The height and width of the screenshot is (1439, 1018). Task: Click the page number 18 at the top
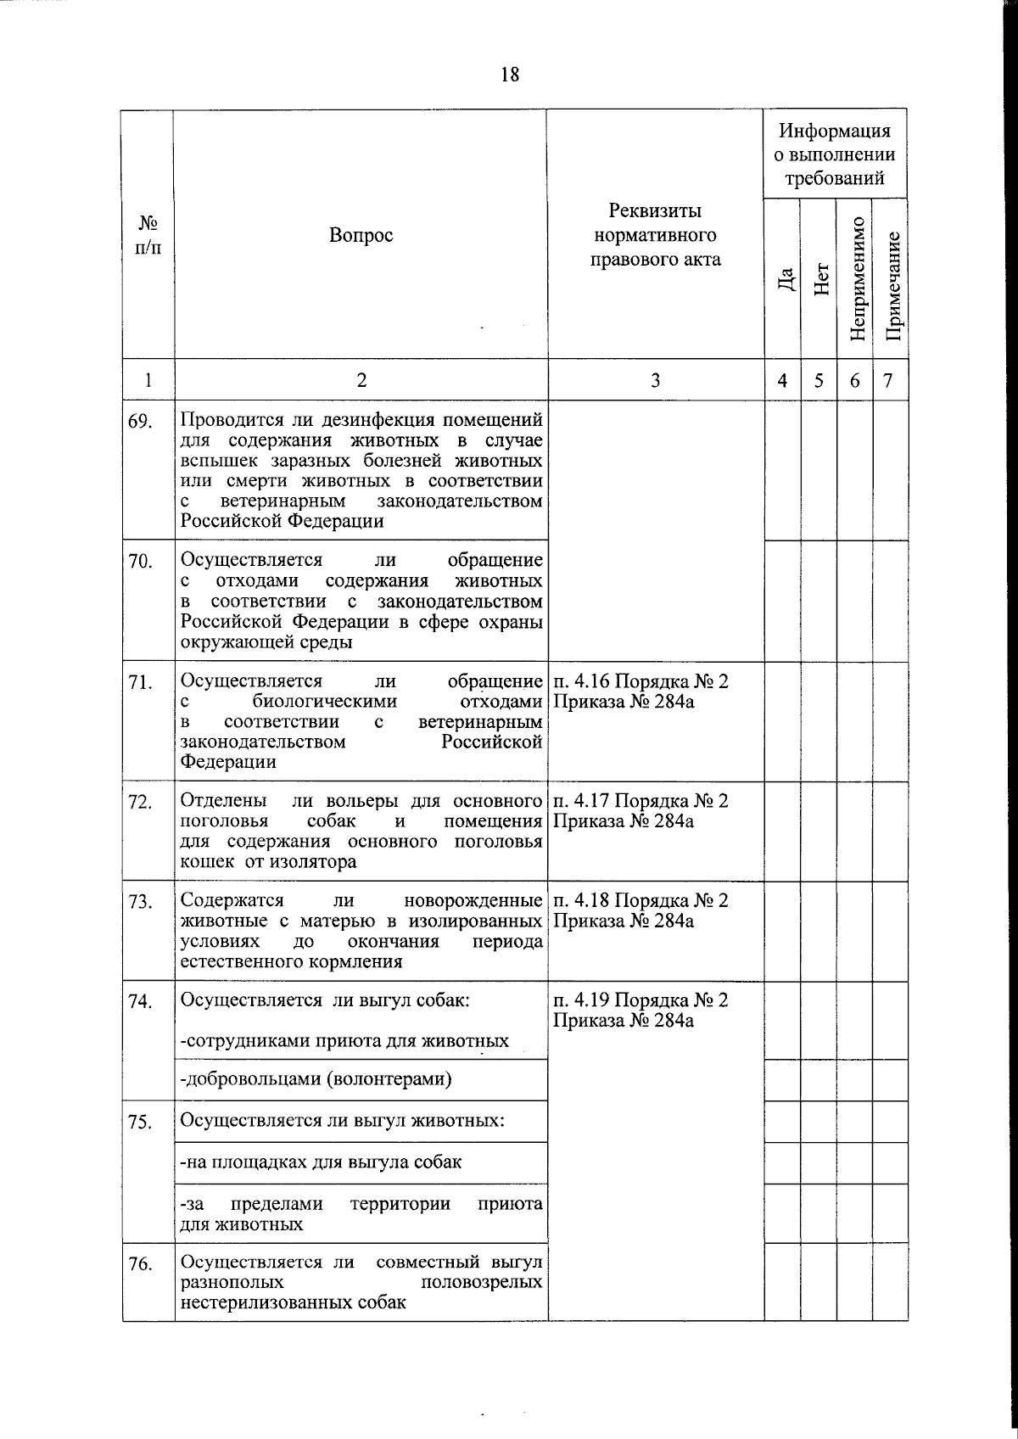(x=509, y=75)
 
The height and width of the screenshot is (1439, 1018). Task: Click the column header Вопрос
(x=361, y=235)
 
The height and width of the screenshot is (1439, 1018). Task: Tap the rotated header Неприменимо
(x=856, y=279)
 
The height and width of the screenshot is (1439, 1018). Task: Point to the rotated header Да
(x=785, y=279)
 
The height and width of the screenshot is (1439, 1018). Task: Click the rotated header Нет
(x=819, y=279)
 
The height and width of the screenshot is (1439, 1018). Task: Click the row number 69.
(x=141, y=422)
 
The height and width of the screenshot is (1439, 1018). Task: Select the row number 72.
(x=141, y=802)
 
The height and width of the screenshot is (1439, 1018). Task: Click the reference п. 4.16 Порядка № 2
(x=640, y=681)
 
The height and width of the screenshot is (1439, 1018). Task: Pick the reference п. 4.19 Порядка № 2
(x=640, y=999)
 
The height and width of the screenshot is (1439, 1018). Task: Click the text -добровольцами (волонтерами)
(x=316, y=1080)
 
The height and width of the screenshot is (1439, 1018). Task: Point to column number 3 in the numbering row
(x=655, y=381)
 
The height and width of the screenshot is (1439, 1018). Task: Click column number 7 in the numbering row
(x=888, y=381)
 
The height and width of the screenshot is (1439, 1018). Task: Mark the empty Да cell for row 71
(x=782, y=721)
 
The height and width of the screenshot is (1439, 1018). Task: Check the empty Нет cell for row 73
(x=819, y=931)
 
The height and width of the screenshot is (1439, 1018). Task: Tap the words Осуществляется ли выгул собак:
(x=325, y=999)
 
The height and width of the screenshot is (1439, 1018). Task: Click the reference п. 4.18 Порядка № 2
(x=640, y=900)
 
